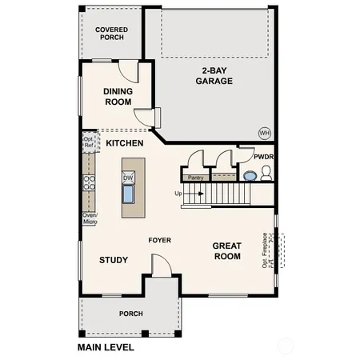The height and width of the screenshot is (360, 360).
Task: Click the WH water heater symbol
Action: point(263,132)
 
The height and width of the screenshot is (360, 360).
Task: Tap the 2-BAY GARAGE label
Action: point(216,75)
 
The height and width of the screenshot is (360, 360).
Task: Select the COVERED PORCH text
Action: point(111,34)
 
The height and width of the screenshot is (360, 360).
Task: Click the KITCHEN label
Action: point(125,143)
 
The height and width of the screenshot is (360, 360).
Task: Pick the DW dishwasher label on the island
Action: point(127,178)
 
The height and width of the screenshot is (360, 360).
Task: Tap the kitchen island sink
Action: point(128,194)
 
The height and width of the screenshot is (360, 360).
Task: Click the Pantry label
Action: point(194,178)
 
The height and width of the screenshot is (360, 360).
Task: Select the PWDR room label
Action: point(263,157)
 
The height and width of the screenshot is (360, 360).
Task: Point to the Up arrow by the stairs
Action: point(180,193)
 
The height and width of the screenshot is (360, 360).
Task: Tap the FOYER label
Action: point(160,240)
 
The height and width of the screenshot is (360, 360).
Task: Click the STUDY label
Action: point(114,260)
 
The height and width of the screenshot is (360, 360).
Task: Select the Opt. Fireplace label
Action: point(265,249)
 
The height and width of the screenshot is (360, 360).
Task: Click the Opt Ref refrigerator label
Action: point(89,142)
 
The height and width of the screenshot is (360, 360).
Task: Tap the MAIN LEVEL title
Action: point(106,348)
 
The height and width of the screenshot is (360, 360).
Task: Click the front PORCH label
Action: point(130,314)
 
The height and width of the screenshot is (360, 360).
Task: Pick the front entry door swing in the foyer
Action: point(159,265)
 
